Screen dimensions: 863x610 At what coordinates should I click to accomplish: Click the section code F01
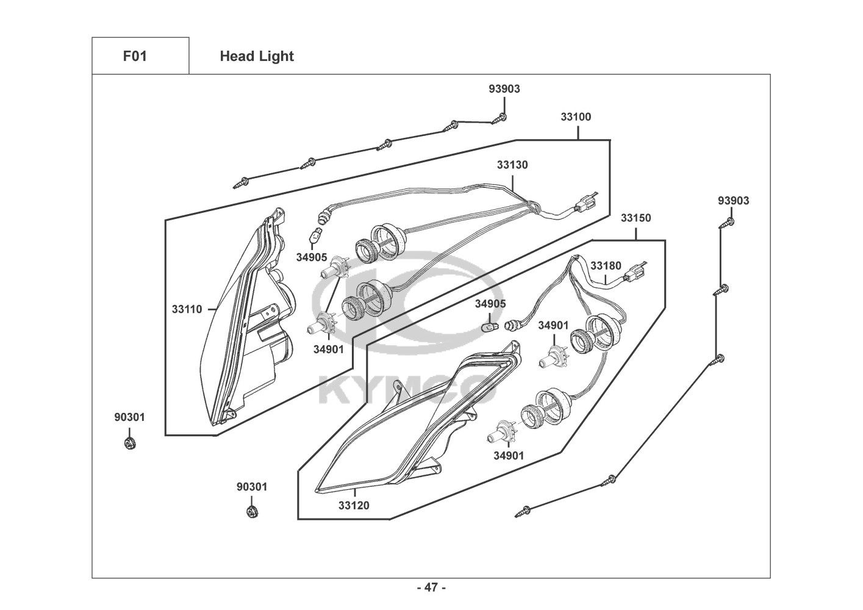tap(135, 56)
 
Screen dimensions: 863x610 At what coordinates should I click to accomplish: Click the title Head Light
tap(257, 56)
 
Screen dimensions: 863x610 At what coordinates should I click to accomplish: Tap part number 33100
tap(576, 117)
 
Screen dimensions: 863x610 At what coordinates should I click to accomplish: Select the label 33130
tap(512, 165)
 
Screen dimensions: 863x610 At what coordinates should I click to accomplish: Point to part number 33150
tap(636, 218)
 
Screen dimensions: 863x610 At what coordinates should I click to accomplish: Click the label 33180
tap(606, 266)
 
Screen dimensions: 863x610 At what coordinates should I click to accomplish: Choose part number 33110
tap(187, 309)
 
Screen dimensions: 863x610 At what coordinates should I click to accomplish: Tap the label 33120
tap(354, 505)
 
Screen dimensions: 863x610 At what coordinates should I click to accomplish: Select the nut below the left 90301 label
tap(131, 443)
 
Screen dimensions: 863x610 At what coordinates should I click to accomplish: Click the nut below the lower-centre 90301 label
tap(252, 512)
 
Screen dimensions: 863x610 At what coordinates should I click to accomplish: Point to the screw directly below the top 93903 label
tap(500, 118)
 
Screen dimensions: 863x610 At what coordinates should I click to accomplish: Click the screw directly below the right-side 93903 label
tap(726, 223)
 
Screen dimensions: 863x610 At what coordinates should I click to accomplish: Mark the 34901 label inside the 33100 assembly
tap(328, 350)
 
